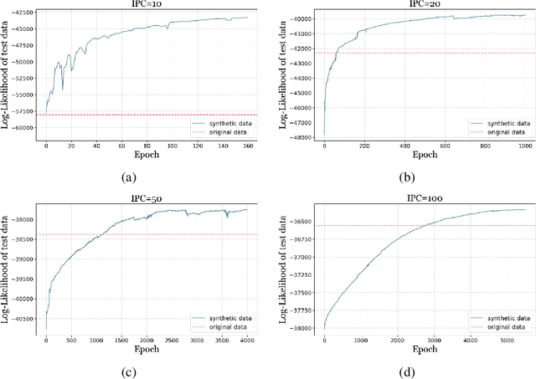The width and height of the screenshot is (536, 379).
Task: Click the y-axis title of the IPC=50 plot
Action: coord(5,268)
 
